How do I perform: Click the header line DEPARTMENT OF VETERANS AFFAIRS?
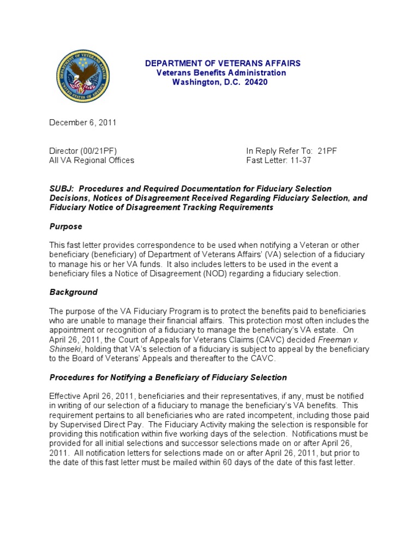click(x=223, y=63)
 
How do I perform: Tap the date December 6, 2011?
click(x=83, y=123)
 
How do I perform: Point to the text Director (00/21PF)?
click(x=83, y=151)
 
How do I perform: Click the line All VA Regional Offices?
click(x=92, y=160)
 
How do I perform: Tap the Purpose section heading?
click(x=66, y=226)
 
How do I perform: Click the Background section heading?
click(x=74, y=292)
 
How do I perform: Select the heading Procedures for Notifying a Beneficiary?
click(x=168, y=377)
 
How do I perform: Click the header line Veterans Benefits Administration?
click(x=221, y=72)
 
